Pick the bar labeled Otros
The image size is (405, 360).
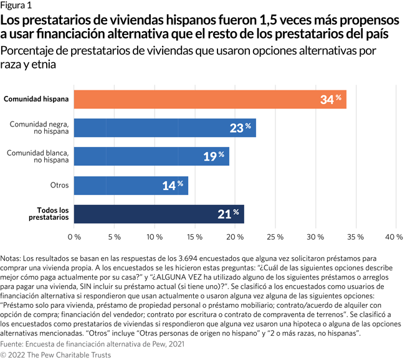coord(131,185)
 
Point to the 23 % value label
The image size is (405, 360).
coord(240,128)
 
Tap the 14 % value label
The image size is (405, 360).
coord(172,186)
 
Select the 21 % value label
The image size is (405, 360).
coord(228,214)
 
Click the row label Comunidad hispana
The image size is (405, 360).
coord(36,98)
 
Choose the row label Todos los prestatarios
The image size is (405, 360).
coord(49,214)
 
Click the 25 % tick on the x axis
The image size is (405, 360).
coord(275,237)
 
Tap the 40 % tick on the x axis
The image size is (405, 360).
coord(394,237)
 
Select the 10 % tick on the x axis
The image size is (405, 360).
coord(155,237)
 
